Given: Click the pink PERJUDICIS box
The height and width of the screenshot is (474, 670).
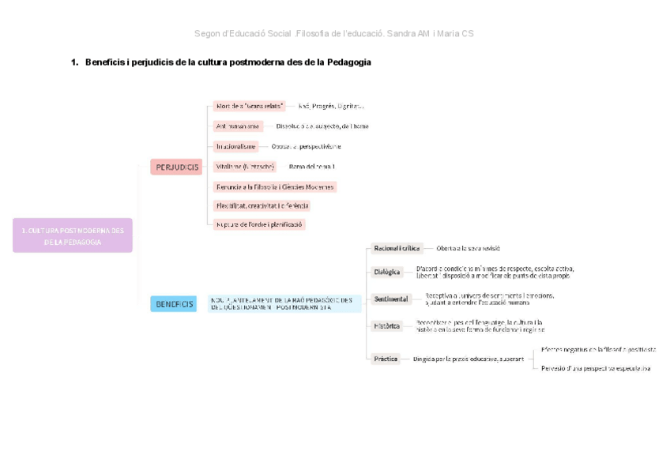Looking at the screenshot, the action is click(x=176, y=167).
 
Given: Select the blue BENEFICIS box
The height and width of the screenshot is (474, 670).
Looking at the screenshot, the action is click(x=174, y=304).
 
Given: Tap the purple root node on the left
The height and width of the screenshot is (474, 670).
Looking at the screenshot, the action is click(x=73, y=236).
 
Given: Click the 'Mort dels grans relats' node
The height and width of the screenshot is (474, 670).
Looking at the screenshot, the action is click(x=250, y=106).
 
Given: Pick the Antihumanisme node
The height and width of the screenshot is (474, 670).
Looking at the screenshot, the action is click(x=238, y=126).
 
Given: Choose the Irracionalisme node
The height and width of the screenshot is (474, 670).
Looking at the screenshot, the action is click(x=236, y=146).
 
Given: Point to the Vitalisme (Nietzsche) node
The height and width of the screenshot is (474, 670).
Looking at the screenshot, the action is click(x=246, y=167).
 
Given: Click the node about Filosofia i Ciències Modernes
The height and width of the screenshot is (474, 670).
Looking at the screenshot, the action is click(x=275, y=187).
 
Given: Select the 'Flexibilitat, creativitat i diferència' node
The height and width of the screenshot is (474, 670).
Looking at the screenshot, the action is click(x=262, y=205).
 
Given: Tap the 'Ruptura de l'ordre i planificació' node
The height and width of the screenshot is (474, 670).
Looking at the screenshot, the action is click(x=260, y=224).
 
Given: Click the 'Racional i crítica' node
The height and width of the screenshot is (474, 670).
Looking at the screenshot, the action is click(x=397, y=248).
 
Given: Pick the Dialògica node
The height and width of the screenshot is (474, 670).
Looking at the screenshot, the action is click(x=387, y=273).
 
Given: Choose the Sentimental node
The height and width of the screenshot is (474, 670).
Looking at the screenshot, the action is click(x=391, y=299).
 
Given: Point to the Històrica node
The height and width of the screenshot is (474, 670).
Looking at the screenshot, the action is click(x=387, y=325).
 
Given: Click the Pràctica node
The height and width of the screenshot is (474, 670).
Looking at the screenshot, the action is click(x=386, y=359).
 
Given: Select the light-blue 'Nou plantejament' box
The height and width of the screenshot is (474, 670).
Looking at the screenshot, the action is click(x=284, y=304).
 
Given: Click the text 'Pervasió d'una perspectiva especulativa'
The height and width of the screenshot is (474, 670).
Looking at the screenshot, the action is click(x=597, y=368).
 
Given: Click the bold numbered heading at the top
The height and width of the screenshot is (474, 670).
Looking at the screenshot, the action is click(x=221, y=62).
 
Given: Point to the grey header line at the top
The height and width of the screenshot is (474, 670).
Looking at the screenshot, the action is click(x=334, y=33).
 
